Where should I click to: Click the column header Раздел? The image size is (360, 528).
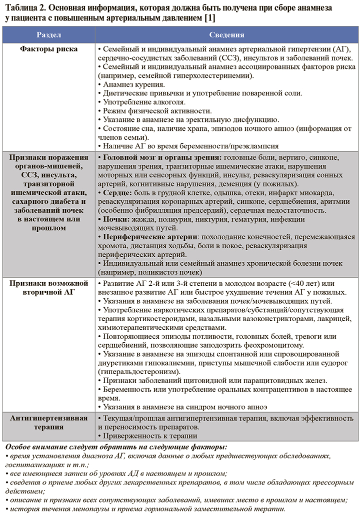(48, 35)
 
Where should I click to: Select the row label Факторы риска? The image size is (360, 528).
(48, 49)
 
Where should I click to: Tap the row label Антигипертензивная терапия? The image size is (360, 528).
(48, 422)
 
